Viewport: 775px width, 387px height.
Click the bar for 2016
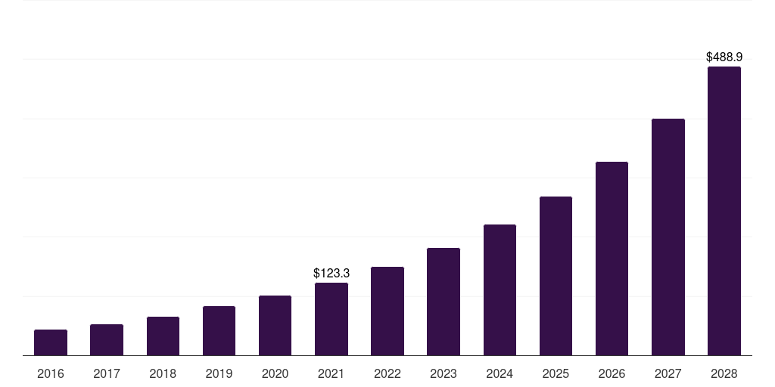[x=51, y=342]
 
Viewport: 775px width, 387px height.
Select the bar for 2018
[x=163, y=336]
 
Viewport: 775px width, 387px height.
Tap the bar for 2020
[x=275, y=326]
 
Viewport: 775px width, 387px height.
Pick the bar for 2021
[x=331, y=319]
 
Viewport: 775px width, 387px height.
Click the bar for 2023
[x=444, y=302]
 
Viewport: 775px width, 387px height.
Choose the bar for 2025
[x=556, y=276]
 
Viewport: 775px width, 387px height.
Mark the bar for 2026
[x=612, y=259]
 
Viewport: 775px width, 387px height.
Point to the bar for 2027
[x=668, y=237]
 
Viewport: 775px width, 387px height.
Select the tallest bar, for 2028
[x=724, y=211]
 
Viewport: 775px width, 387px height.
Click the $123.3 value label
[x=331, y=273]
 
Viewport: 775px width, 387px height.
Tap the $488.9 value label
[x=724, y=57]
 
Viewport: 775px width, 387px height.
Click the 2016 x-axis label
[x=51, y=373]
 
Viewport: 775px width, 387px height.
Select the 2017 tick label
[x=107, y=373]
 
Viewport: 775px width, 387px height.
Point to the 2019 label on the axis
[x=219, y=373]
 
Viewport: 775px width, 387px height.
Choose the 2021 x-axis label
[x=331, y=373]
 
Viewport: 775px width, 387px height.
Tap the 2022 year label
[x=387, y=373]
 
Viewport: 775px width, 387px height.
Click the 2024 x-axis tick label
[x=500, y=373]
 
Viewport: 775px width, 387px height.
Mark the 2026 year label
[x=612, y=373]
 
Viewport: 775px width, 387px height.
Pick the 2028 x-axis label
[x=724, y=373]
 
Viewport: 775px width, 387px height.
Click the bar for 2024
[x=500, y=290]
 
